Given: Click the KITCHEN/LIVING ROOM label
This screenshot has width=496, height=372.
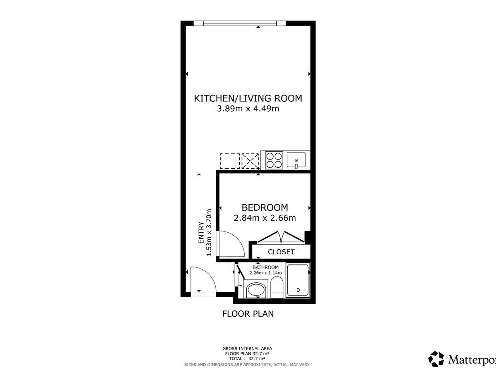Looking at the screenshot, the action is pyautogui.click(x=248, y=98).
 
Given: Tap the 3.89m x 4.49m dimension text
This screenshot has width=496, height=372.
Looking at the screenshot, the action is pyautogui.click(x=248, y=109).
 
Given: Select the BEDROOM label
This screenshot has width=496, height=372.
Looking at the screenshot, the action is pyautogui.click(x=265, y=207).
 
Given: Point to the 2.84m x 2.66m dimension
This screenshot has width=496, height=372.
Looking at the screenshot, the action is pyautogui.click(x=265, y=218).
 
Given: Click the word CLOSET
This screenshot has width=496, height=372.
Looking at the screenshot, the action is pyautogui.click(x=281, y=252).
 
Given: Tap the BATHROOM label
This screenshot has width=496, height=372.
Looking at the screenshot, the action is pyautogui.click(x=265, y=267).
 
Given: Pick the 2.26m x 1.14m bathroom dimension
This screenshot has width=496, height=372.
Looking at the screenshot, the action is pyautogui.click(x=265, y=273).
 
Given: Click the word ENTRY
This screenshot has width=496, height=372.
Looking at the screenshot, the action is pyautogui.click(x=201, y=232).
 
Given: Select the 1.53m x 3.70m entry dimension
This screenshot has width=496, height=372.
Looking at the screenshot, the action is pyautogui.click(x=209, y=232).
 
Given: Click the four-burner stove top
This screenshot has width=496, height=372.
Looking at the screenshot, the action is pyautogui.click(x=274, y=160).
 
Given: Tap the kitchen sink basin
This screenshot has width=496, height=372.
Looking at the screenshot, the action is pyautogui.click(x=296, y=160).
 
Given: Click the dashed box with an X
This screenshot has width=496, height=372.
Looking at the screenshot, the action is pyautogui.click(x=250, y=161).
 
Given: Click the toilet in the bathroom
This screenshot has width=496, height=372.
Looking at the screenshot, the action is pyautogui.click(x=277, y=287).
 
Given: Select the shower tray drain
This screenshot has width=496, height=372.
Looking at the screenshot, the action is pyautogui.click(x=298, y=290).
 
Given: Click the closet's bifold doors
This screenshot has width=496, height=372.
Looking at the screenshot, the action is pyautogui.click(x=281, y=237).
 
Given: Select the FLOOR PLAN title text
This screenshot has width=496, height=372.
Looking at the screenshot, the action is pyautogui.click(x=248, y=314).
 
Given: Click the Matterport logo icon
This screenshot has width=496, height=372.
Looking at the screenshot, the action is pyautogui.click(x=436, y=359).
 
